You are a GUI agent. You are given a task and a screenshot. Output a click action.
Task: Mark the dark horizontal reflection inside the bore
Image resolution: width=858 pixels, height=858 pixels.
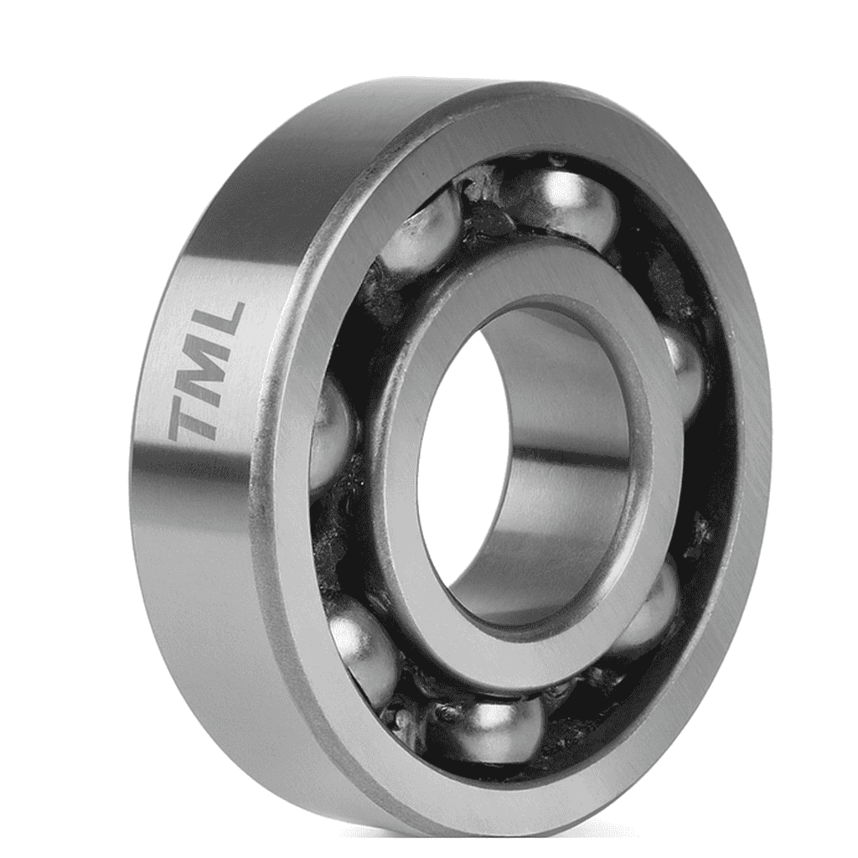(x=570, y=457)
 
